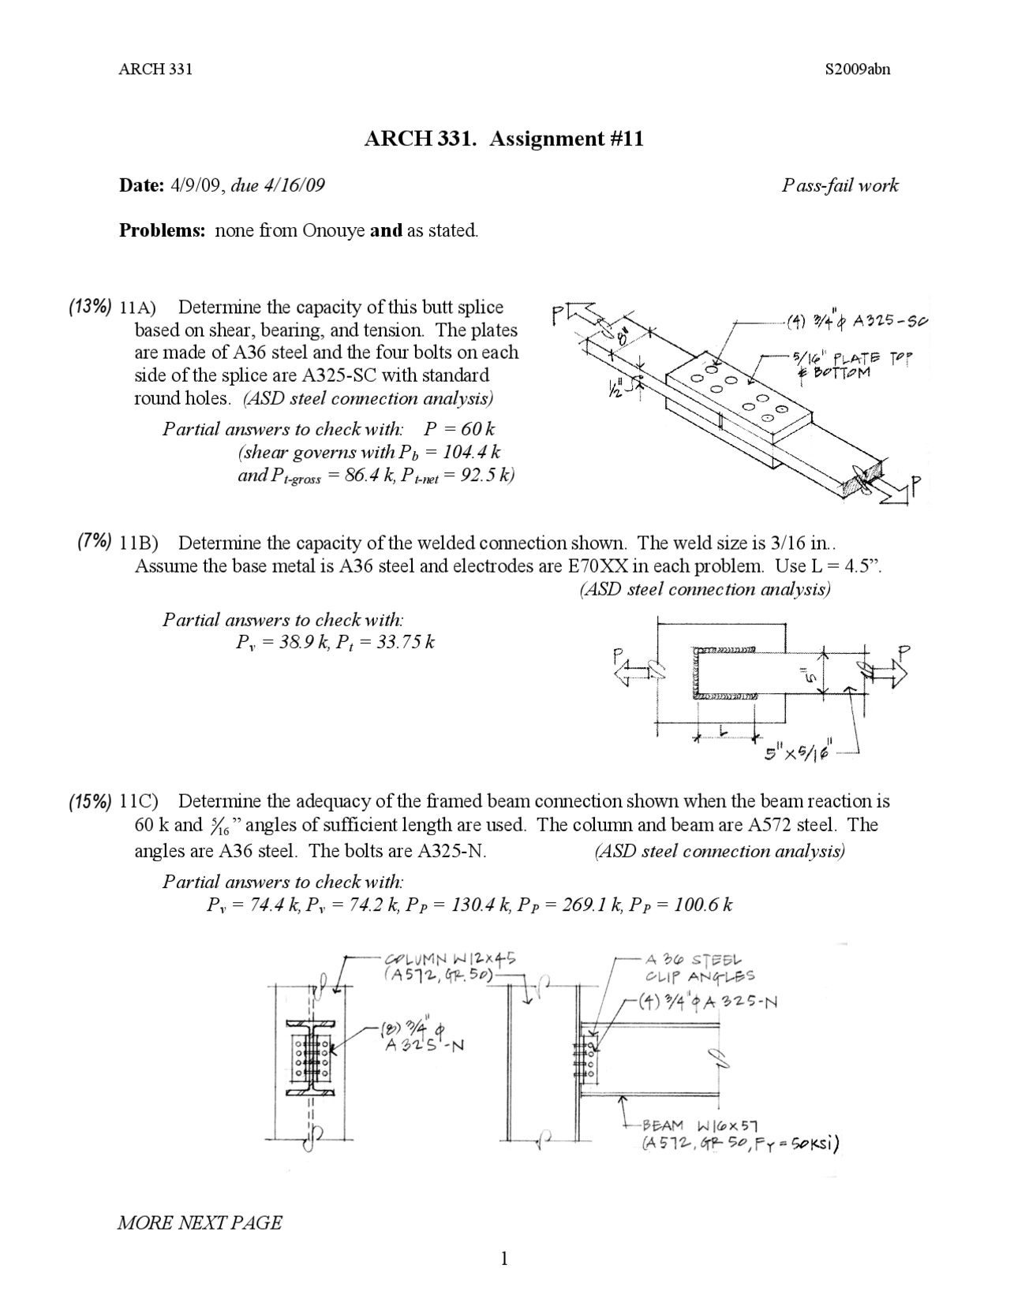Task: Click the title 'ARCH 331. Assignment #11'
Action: click(x=503, y=140)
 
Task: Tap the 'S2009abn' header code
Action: click(x=857, y=69)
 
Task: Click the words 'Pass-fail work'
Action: click(x=840, y=186)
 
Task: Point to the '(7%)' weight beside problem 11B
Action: click(x=94, y=542)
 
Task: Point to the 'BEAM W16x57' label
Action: click(x=701, y=1125)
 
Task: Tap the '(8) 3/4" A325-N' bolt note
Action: click(x=422, y=1037)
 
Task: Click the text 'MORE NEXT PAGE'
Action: click(x=199, y=1222)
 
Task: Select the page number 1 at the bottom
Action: click(x=504, y=1259)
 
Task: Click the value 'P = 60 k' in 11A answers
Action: click(x=459, y=430)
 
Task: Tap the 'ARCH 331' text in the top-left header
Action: click(x=155, y=69)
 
